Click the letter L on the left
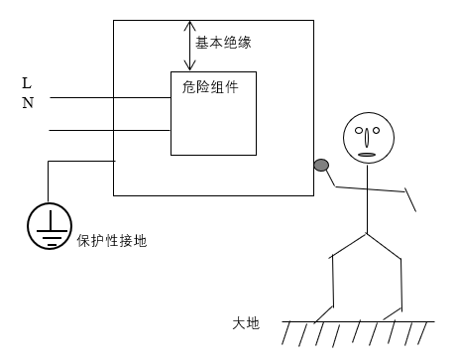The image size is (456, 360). (27, 84)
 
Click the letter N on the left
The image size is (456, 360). (27, 103)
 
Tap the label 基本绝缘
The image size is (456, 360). (222, 44)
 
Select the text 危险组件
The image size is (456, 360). (210, 87)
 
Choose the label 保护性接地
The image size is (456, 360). (111, 241)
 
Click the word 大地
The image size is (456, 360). (246, 322)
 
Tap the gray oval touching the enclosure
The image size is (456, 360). (321, 166)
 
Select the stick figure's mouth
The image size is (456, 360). (366, 153)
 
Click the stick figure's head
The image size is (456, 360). (366, 139)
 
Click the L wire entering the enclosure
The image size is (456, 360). (109, 98)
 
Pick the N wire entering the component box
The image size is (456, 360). (109, 130)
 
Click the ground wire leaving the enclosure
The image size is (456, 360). (79, 162)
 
